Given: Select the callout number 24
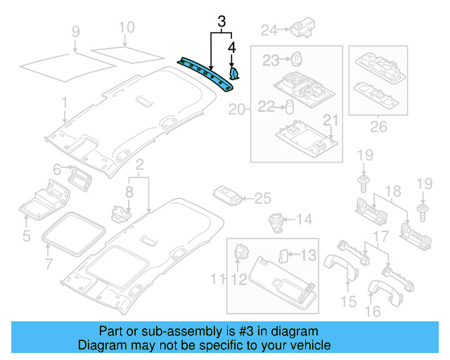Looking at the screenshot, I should point(269,30).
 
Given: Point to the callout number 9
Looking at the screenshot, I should point(75,31).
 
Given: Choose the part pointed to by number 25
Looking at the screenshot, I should point(224,196).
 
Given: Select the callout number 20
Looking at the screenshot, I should point(236,109).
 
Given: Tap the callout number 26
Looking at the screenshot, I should point(379,128).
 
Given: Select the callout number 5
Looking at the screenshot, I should point(26,236).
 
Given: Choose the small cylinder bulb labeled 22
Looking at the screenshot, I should point(288,106).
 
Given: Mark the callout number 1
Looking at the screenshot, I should point(64,103).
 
